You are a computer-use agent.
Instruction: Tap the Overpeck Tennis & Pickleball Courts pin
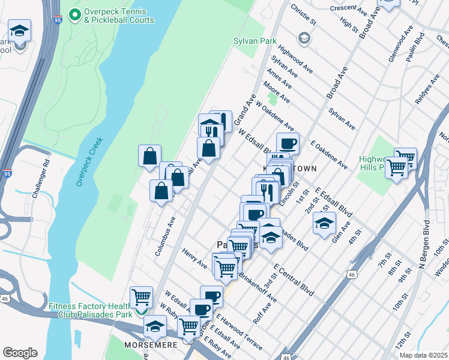coord(75,14)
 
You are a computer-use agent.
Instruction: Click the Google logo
coord(20,353)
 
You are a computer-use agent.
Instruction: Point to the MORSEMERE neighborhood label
coord(149,346)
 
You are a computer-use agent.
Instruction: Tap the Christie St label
coord(303,14)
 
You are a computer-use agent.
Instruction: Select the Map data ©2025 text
coord(424,355)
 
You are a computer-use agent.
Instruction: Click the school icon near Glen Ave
coord(324,224)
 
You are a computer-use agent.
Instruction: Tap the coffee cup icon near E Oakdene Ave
coord(288,143)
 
